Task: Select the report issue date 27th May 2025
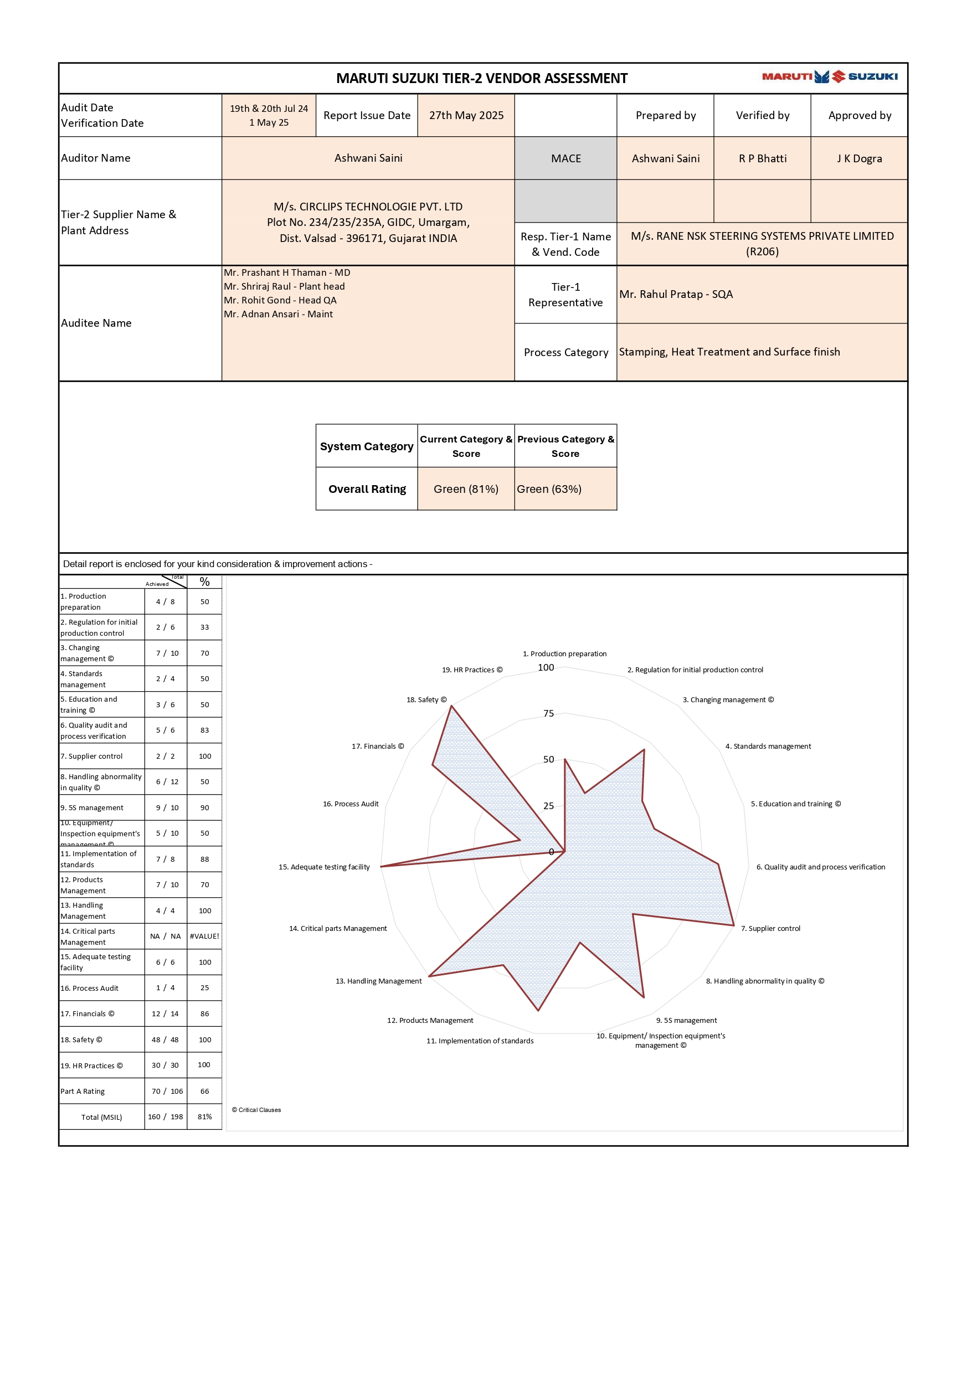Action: tap(466, 116)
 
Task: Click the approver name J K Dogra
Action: tap(859, 158)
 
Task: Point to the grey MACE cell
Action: tap(565, 158)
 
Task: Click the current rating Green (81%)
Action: tap(466, 489)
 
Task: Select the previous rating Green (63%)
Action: tap(549, 489)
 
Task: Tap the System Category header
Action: tap(366, 446)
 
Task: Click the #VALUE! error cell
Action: tap(204, 936)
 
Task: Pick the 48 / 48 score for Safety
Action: tap(165, 1039)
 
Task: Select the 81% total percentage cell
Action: tap(205, 1116)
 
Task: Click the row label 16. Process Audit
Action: tap(89, 988)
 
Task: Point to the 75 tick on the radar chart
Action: tap(549, 713)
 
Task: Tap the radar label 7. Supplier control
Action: tap(770, 928)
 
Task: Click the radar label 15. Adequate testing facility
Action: tap(324, 867)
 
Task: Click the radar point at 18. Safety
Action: tap(452, 707)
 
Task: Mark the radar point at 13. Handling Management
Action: tap(429, 976)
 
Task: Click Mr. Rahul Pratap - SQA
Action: tap(676, 295)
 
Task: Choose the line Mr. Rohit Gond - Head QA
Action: tap(280, 300)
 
